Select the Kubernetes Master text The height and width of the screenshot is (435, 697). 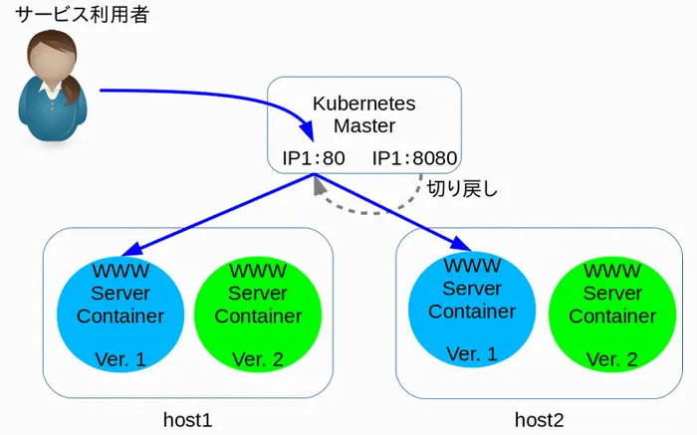[x=364, y=114]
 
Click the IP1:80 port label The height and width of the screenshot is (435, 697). [x=313, y=157]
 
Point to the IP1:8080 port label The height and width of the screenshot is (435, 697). [x=414, y=157]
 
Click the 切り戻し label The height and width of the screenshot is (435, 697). [x=461, y=189]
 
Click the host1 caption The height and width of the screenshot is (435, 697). [x=188, y=419]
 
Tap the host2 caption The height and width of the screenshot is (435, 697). [x=540, y=419]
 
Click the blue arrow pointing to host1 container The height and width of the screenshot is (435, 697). [x=219, y=212]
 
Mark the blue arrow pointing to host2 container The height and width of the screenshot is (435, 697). [x=398, y=212]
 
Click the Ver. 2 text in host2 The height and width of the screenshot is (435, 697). [x=612, y=359]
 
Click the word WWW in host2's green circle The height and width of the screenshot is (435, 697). [x=612, y=271]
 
